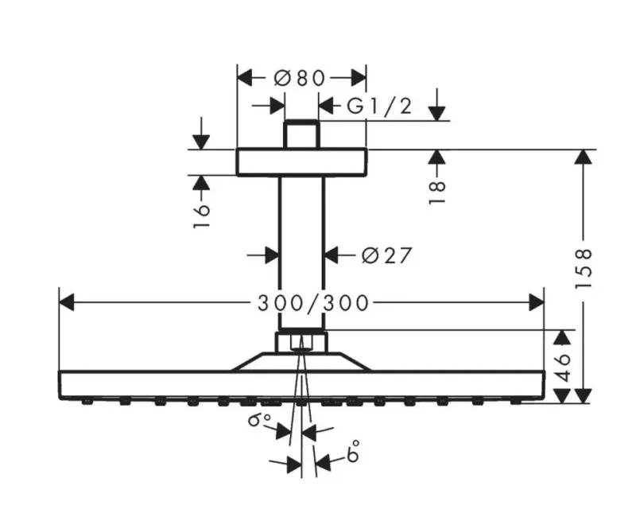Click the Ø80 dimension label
[x=300, y=78]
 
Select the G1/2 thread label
[x=380, y=107]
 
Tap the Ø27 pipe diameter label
[x=386, y=255]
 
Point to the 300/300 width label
[x=313, y=303]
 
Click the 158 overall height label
[x=584, y=269]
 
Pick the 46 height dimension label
[x=563, y=367]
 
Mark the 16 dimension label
[x=202, y=216]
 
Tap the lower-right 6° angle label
[x=353, y=450]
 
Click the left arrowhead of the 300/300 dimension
[x=67, y=303]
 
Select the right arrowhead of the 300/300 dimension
[x=536, y=303]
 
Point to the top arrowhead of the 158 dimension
[x=584, y=157]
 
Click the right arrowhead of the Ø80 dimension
[x=359, y=78]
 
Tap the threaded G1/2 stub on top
[x=302, y=134]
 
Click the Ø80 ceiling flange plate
[x=302, y=162]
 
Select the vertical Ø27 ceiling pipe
[x=301, y=253]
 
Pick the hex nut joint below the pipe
[x=301, y=342]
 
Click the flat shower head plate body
[x=302, y=385]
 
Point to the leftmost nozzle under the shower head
[x=87, y=402]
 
